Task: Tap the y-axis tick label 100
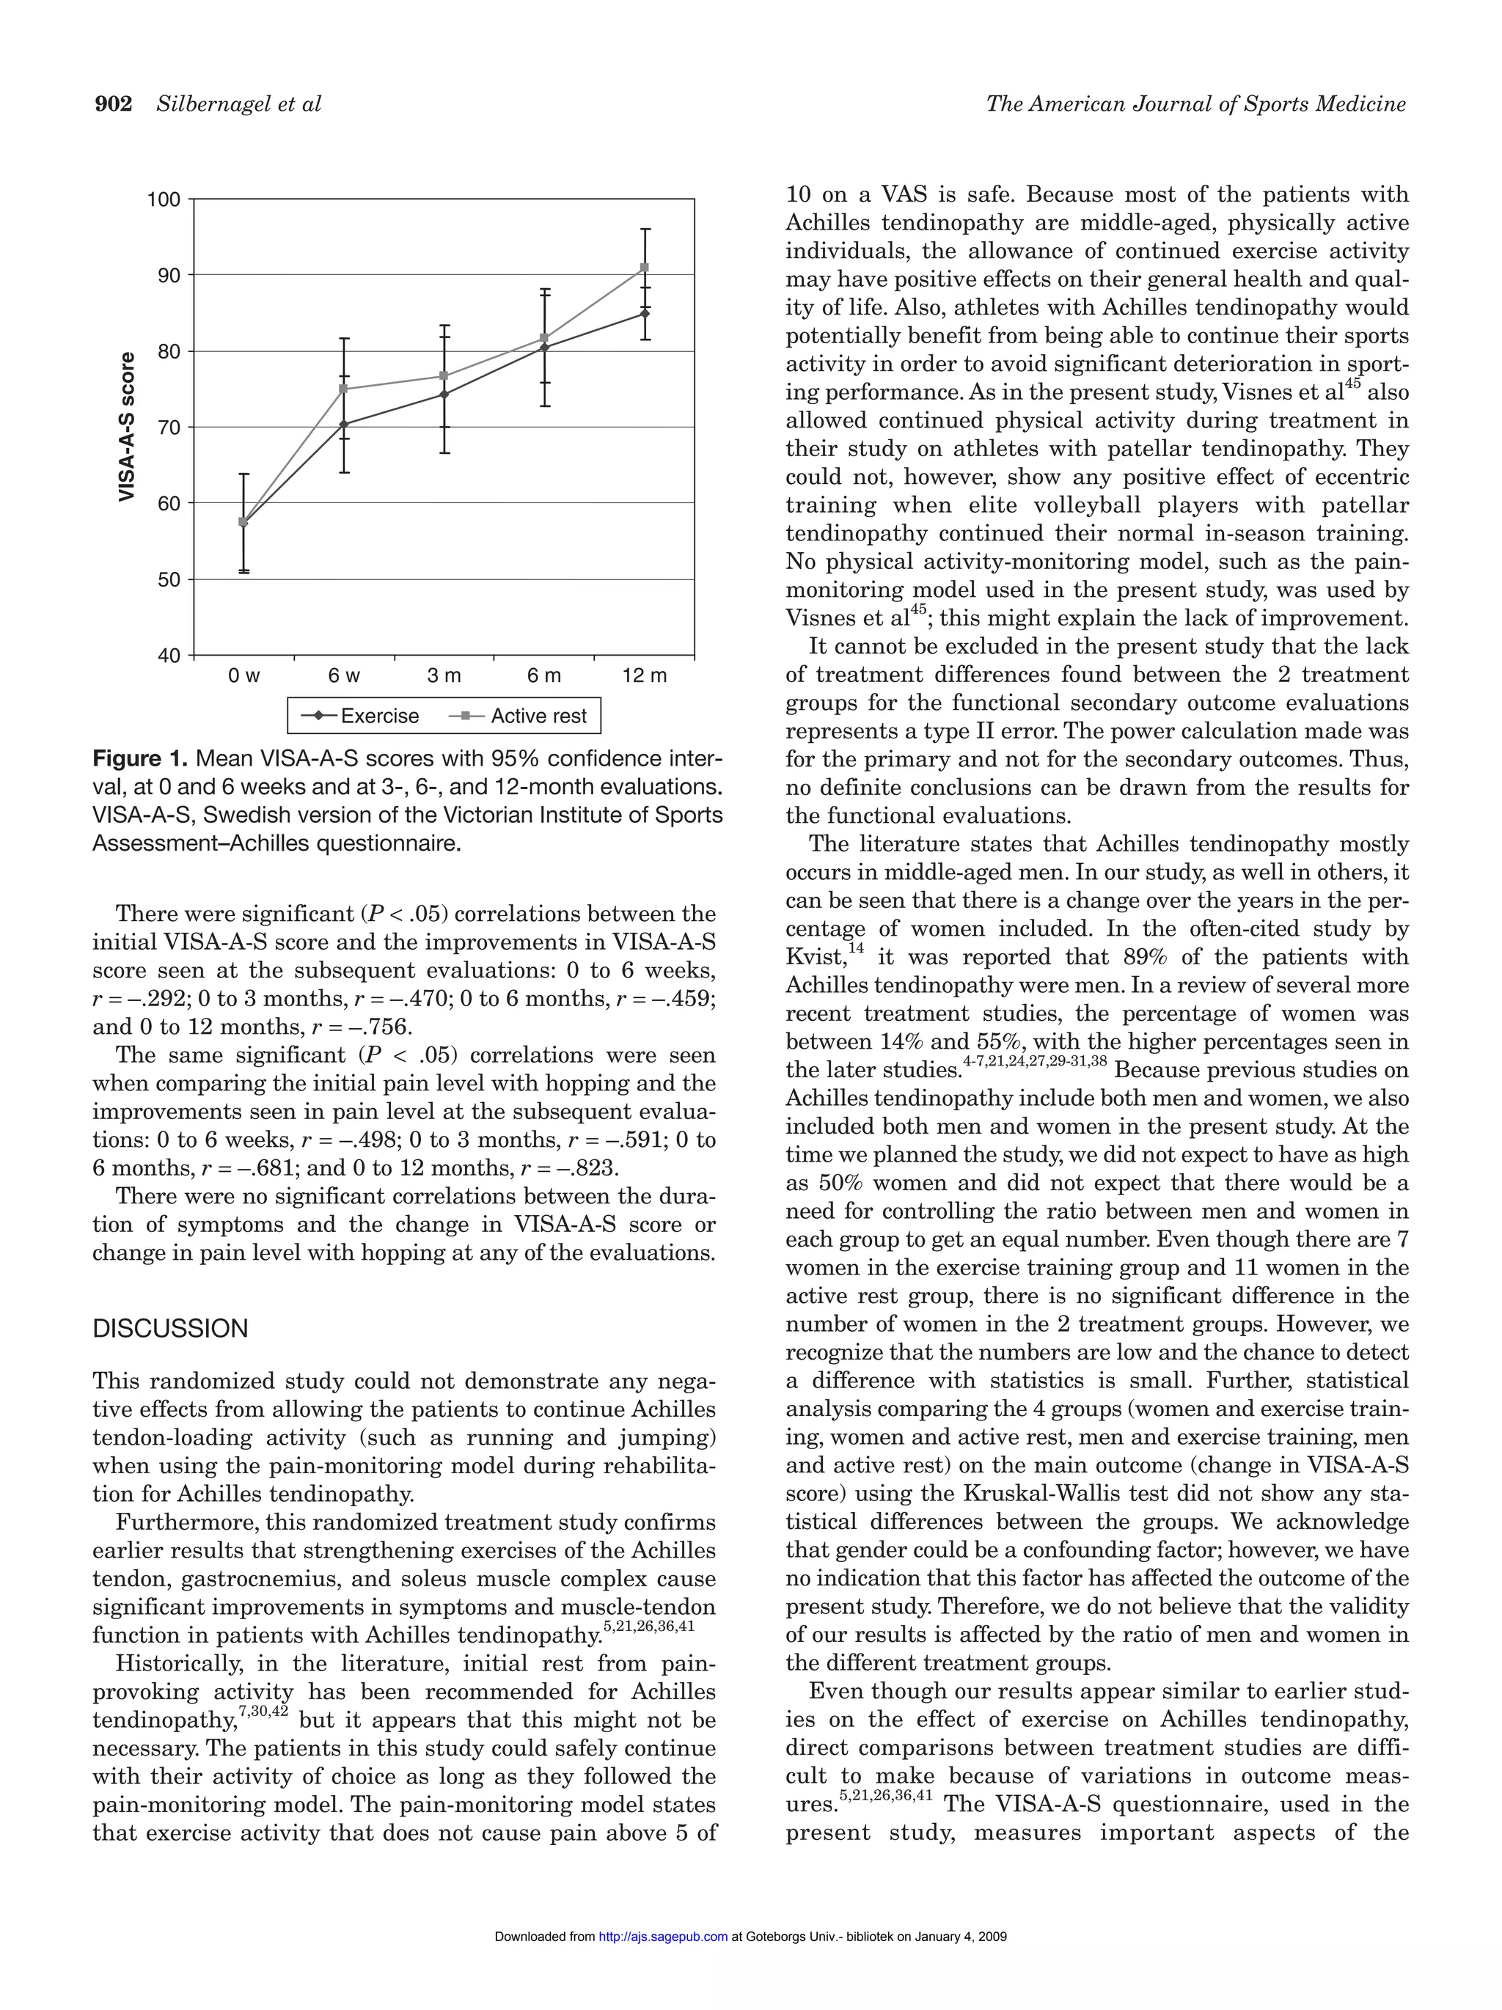[x=164, y=199]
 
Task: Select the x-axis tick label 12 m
[x=644, y=676]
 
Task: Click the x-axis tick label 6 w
[x=345, y=676]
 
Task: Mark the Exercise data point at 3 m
[x=444, y=395]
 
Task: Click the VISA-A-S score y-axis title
[x=128, y=426]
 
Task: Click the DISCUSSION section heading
[x=170, y=1329]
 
